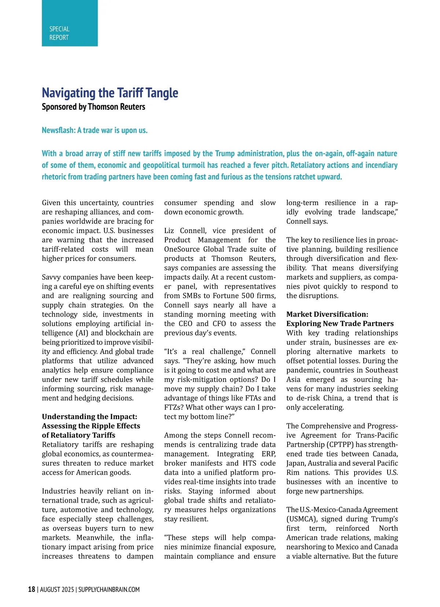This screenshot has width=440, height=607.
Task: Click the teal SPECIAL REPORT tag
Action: [69, 23]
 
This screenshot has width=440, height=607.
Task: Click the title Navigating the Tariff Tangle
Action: [110, 93]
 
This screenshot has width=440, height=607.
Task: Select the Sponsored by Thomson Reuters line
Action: [93, 107]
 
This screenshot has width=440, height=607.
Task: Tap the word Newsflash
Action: [58, 130]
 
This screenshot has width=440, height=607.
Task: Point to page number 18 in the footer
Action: [32, 589]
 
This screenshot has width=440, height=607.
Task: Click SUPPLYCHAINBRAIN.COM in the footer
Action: [109, 590]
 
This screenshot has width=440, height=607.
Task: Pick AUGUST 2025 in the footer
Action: [57, 590]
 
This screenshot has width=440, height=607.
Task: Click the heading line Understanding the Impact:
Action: [89, 417]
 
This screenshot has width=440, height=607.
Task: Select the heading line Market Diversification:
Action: [327, 314]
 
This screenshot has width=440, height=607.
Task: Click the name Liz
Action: [169, 231]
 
